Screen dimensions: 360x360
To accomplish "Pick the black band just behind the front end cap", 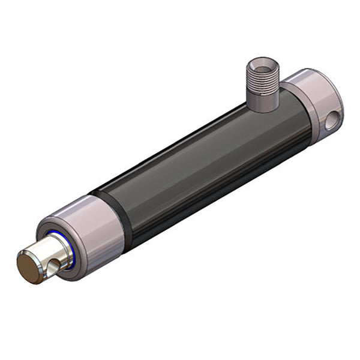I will pos(124,219).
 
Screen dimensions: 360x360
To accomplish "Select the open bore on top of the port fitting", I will pos(262,64).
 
